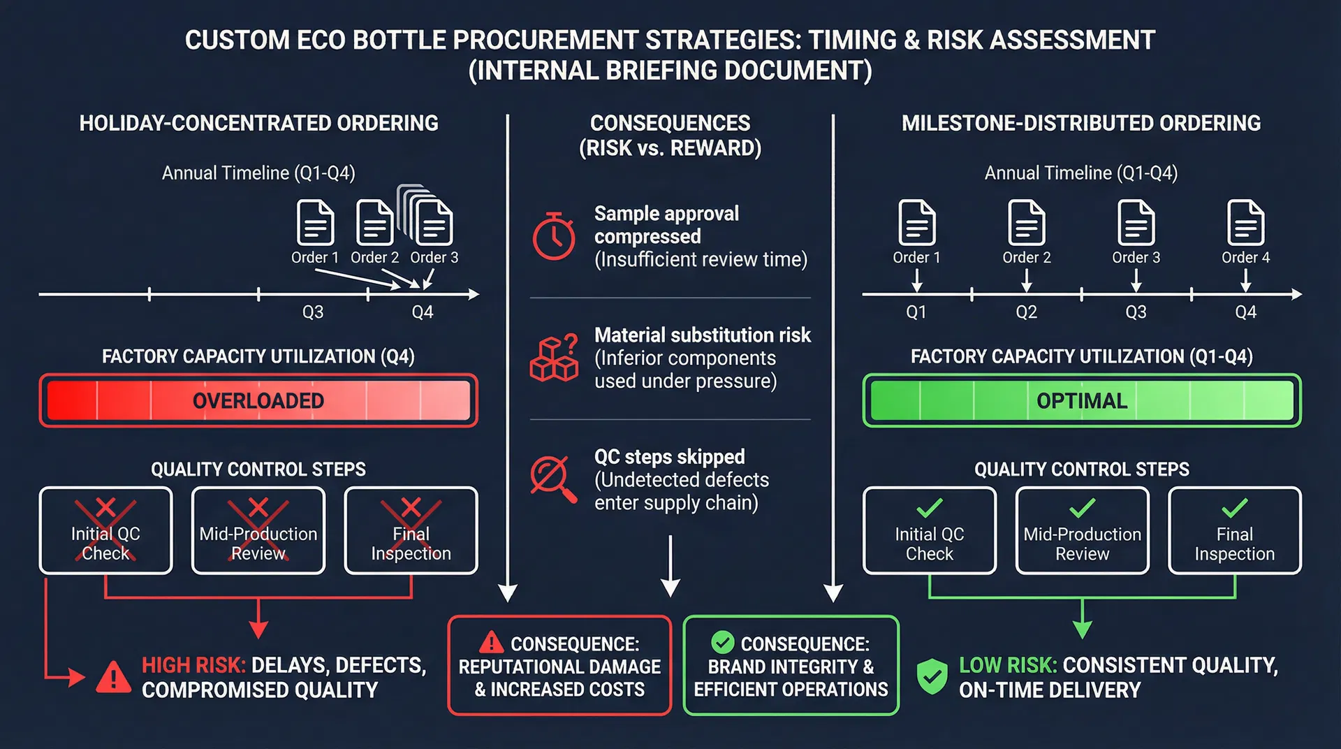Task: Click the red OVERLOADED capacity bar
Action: [258, 400]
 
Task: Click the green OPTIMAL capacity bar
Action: [1081, 400]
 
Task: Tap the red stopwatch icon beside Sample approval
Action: [554, 236]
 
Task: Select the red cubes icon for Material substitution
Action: [554, 358]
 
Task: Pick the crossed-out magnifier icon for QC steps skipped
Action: [552, 479]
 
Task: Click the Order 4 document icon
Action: [1245, 223]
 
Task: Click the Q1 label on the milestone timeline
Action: [916, 312]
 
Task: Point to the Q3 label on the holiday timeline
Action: [312, 312]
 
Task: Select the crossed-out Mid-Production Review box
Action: [258, 531]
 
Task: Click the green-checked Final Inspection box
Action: [1234, 531]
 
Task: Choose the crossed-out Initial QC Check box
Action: [105, 531]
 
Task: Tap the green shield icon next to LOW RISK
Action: [932, 676]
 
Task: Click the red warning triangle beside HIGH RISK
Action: [113, 677]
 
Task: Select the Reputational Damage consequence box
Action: [559, 665]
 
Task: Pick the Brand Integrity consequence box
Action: [791, 665]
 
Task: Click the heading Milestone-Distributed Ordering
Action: [1080, 124]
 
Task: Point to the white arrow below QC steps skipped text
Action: [670, 566]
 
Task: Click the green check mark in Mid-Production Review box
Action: [1082, 508]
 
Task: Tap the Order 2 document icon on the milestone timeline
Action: [1026, 223]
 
